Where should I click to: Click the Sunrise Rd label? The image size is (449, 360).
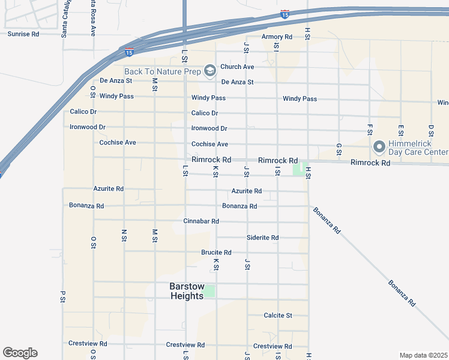pyautogui.click(x=23, y=34)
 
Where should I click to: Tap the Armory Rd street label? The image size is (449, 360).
pyautogui.click(x=277, y=37)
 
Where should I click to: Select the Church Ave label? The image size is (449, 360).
pyautogui.click(x=237, y=67)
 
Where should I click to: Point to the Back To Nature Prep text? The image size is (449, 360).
pyautogui.click(x=163, y=72)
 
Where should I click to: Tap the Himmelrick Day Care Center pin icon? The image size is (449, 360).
pyautogui.click(x=379, y=146)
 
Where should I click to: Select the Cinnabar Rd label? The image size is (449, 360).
pyautogui.click(x=201, y=221)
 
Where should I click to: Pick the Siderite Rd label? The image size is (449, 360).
pyautogui.click(x=262, y=238)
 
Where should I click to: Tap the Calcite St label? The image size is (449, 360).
pyautogui.click(x=278, y=316)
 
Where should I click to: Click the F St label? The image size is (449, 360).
pyautogui.click(x=370, y=130)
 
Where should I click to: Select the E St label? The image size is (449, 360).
pyautogui.click(x=400, y=130)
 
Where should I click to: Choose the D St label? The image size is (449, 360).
pyautogui.click(x=431, y=130)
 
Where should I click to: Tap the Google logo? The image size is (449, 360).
pyautogui.click(x=20, y=353)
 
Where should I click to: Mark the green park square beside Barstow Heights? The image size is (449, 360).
pyautogui.click(x=209, y=292)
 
